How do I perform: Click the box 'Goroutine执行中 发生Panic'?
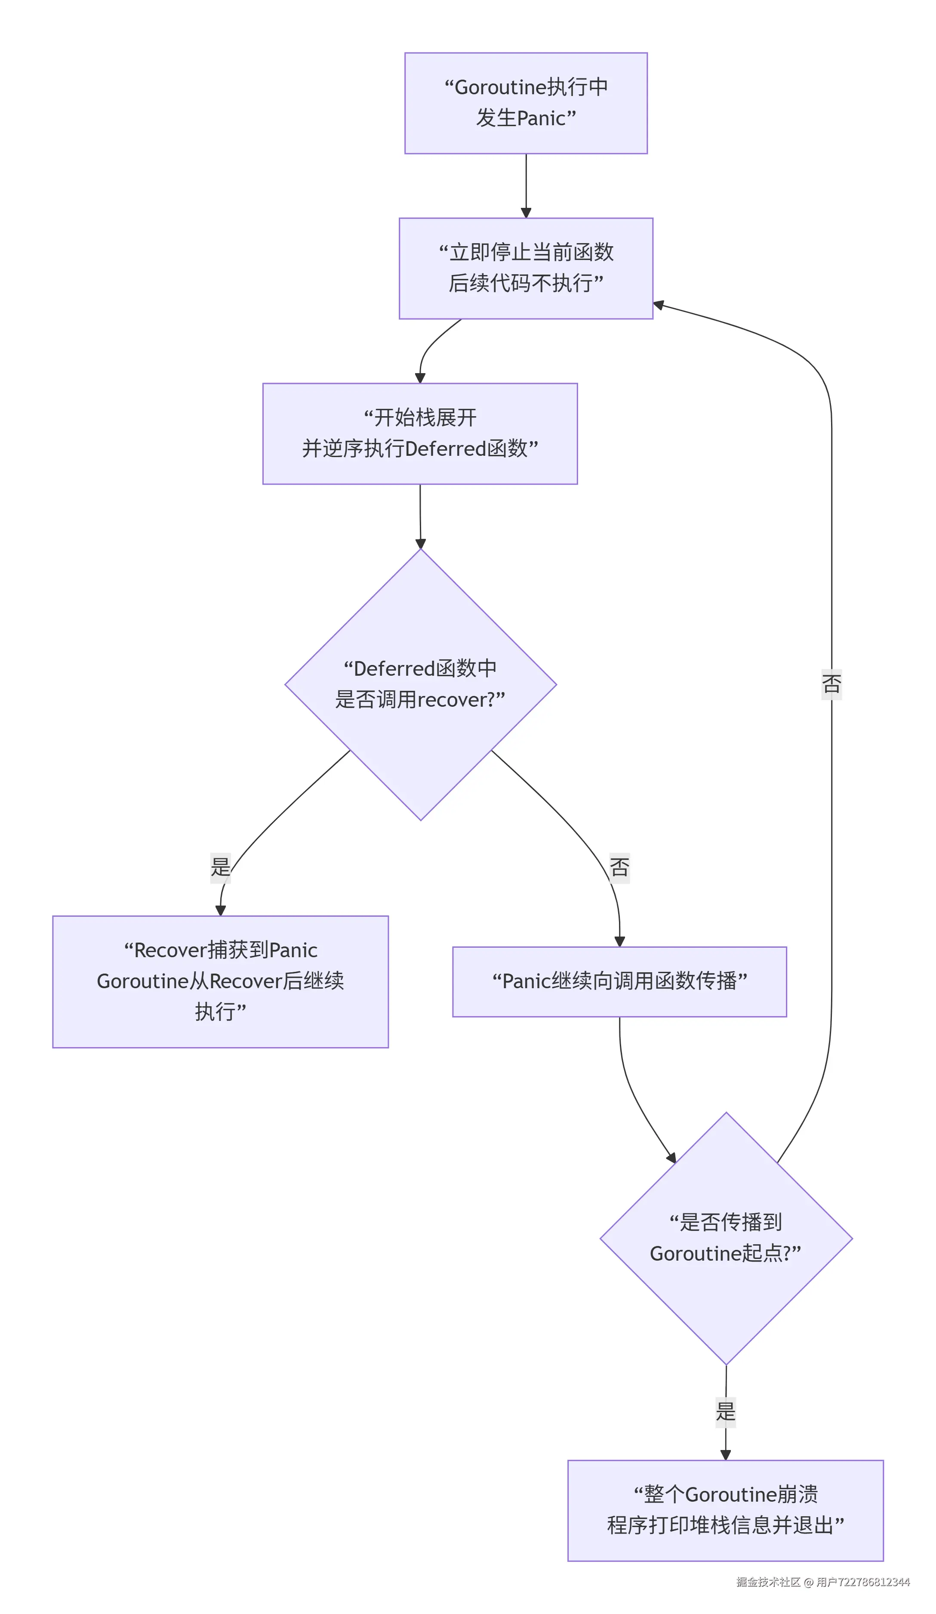pos(526,103)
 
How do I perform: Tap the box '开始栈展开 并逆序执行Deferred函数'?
pos(420,433)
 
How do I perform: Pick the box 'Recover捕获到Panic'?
pos(220,981)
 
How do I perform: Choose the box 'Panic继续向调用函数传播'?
pos(619,981)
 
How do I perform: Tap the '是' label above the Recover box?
pos(220,867)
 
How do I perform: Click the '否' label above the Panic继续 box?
pos(619,867)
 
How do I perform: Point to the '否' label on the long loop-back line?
pos(831,683)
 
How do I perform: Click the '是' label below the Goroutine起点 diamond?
pos(725,1412)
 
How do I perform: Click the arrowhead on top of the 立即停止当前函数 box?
pos(526,213)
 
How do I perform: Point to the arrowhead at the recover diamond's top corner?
pos(421,544)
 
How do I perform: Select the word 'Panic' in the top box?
pos(540,118)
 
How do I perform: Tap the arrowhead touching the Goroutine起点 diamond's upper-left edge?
pos(671,1158)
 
